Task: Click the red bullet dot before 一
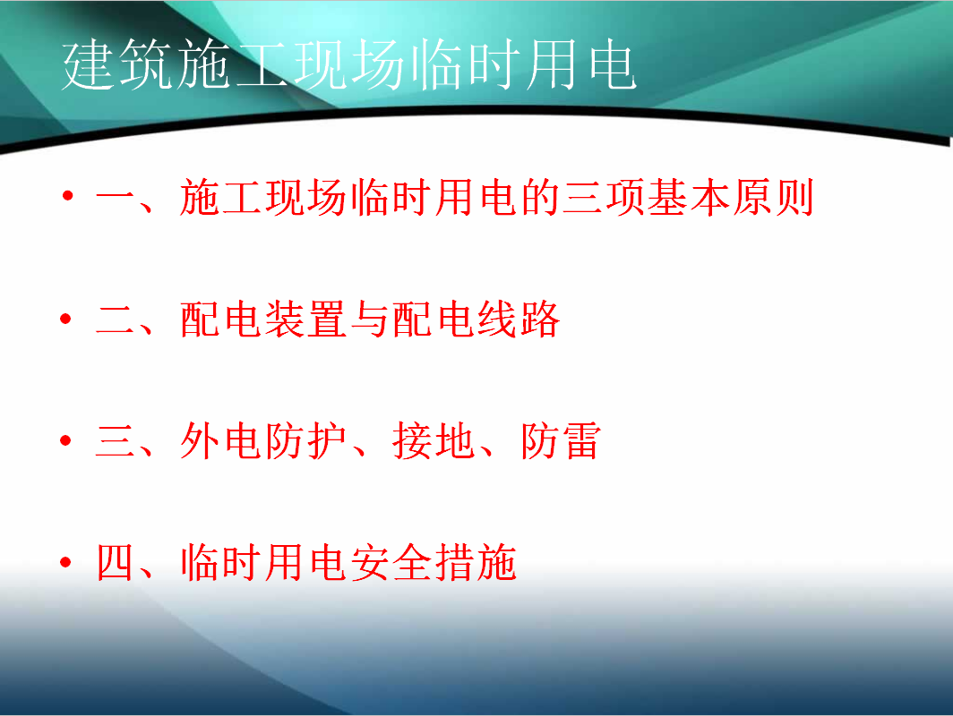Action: pos(67,195)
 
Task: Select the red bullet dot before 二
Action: pos(66,319)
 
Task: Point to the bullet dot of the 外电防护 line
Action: pos(66,440)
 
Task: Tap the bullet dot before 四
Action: pos(66,562)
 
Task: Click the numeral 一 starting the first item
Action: pos(116,198)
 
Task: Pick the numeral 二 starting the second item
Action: pos(116,320)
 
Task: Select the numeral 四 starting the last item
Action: pos(116,562)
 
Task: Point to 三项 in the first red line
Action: pos(604,198)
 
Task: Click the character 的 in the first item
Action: pos(540,198)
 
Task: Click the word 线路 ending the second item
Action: pos(519,320)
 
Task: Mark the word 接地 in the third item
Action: pos(434,441)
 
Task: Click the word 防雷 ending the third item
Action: pos(561,441)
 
